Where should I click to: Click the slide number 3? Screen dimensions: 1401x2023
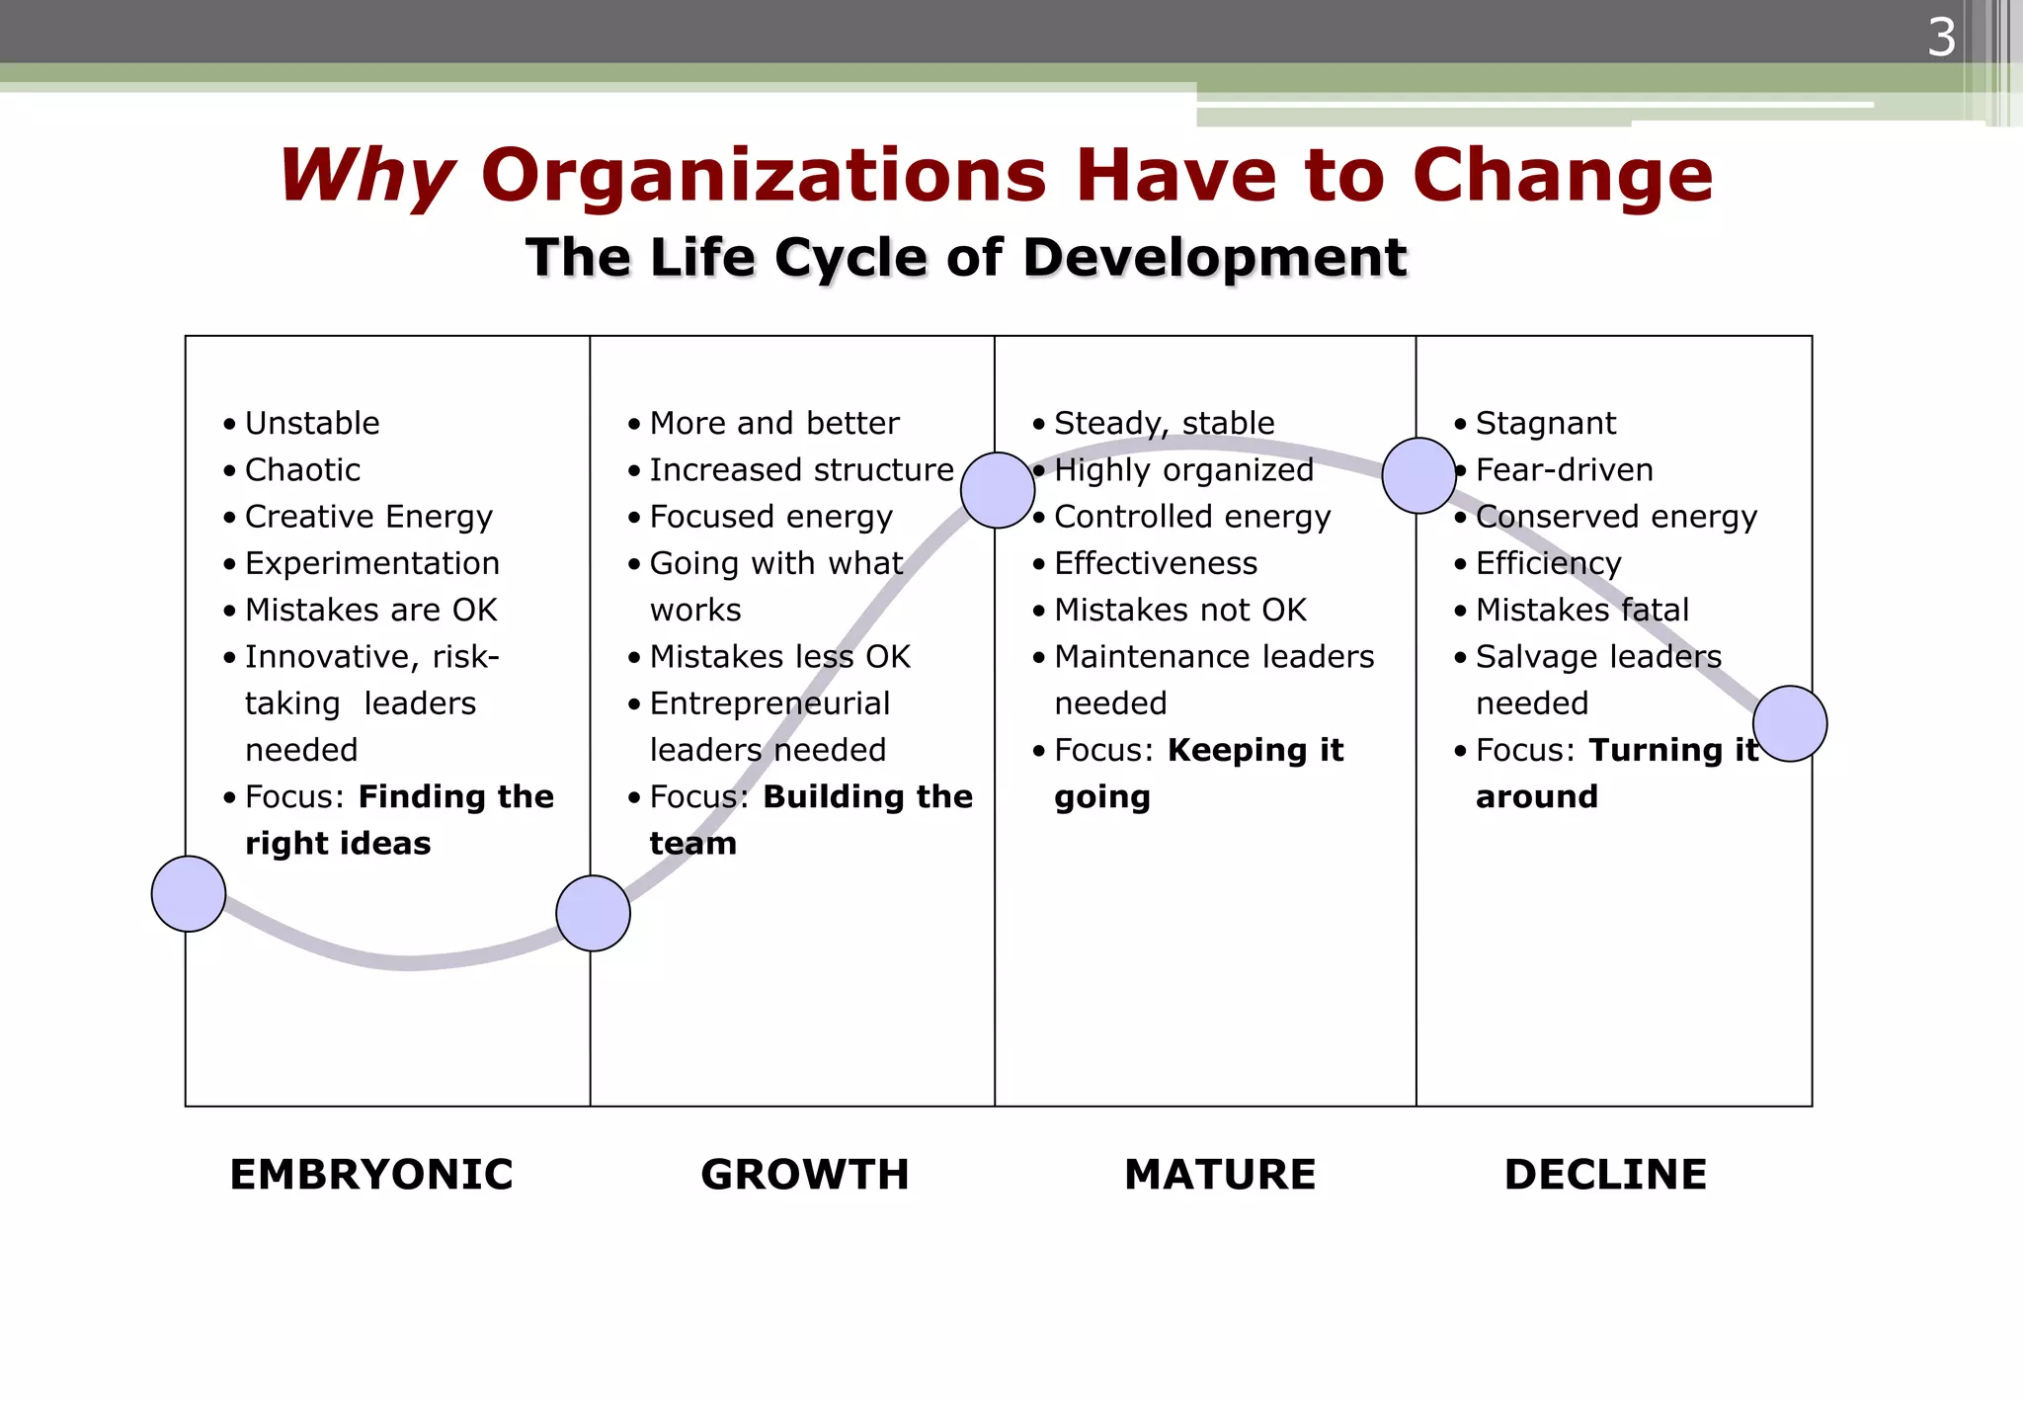pos(1941,39)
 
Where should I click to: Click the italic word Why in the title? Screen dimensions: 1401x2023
pos(366,176)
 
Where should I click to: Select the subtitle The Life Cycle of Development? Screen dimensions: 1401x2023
pos(965,258)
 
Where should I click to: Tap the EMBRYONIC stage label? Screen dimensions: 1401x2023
pos(371,1175)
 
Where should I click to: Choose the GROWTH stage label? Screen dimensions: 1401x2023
pos(804,1175)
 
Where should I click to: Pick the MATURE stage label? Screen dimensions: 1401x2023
pos(1220,1175)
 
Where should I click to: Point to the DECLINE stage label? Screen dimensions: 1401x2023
pos(1605,1175)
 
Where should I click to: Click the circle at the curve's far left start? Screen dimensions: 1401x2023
pos(189,894)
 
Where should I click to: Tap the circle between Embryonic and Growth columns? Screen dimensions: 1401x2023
pos(593,914)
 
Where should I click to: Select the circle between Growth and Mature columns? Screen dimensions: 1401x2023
pos(998,490)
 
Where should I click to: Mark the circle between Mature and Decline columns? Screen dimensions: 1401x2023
pos(1419,476)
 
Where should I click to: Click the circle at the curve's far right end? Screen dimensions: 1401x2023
pos(1790,724)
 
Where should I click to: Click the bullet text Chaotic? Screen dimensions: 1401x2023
pos(302,470)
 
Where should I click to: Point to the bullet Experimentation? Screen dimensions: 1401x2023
pos(371,563)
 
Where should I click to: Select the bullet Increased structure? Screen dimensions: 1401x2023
pos(801,470)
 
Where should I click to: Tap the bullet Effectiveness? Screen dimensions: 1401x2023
pos(1156,563)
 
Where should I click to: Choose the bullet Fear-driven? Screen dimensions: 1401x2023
pos(1564,470)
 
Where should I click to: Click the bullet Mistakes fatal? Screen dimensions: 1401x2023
pos(1581,610)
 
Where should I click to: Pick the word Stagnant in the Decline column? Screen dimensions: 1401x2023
pos(1546,424)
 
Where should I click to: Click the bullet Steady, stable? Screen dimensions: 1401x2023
pos(1165,424)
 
